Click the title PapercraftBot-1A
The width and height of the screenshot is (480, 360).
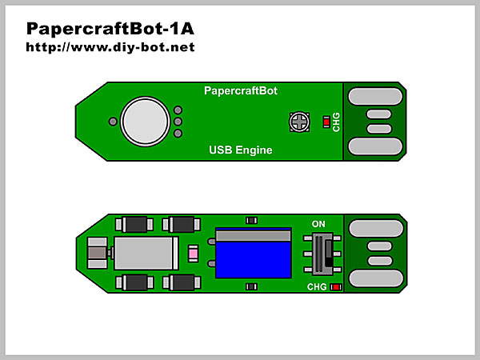(110, 29)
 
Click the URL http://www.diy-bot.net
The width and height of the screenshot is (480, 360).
(110, 47)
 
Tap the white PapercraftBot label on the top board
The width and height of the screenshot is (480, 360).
(241, 90)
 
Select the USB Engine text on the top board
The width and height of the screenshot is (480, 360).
(241, 150)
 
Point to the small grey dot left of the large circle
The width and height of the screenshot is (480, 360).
(113, 122)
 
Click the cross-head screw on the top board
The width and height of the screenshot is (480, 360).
(300, 122)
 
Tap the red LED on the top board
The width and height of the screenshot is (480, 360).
(325, 122)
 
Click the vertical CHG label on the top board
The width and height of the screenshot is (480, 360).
(337, 122)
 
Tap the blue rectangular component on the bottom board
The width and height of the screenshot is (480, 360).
(253, 254)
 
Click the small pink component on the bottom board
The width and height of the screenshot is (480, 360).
(193, 254)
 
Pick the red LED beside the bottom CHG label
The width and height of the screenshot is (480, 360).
(335, 286)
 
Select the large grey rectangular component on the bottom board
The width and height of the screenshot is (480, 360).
(146, 254)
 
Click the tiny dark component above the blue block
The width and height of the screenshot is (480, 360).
(252, 220)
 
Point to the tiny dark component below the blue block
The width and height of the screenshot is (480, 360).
(252, 286)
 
